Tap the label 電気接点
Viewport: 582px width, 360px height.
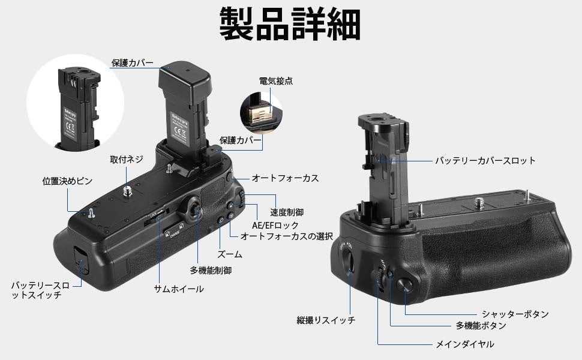(x=276, y=81)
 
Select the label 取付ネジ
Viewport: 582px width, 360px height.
(x=127, y=160)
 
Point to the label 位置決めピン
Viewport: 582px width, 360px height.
(x=67, y=181)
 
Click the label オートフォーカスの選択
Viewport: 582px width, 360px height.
(x=287, y=236)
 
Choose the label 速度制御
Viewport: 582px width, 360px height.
(x=287, y=212)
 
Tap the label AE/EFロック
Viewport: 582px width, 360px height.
(x=275, y=225)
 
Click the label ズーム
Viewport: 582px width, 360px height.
(x=230, y=254)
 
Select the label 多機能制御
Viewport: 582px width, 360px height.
(x=211, y=271)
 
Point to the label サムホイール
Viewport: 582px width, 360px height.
(x=179, y=289)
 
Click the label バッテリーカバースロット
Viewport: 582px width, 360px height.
(x=485, y=161)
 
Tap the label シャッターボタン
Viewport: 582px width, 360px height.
(x=515, y=314)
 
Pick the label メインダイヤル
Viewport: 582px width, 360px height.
(x=465, y=344)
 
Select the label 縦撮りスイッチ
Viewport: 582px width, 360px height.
(x=326, y=320)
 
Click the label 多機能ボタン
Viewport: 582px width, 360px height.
(x=481, y=326)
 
